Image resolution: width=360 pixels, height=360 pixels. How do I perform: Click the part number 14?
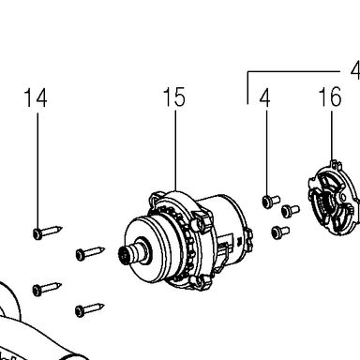pyautogui.click(x=36, y=97)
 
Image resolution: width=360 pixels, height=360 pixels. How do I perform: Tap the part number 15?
pyautogui.click(x=174, y=97)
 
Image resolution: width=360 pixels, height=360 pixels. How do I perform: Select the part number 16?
pyautogui.click(x=330, y=97)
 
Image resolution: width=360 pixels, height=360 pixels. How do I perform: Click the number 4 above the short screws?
pyautogui.click(x=264, y=97)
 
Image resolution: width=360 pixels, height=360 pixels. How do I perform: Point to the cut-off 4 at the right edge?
pyautogui.click(x=355, y=70)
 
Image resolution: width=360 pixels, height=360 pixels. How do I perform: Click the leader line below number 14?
pyautogui.click(x=38, y=171)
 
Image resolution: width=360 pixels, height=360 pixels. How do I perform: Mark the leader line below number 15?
pyautogui.click(x=175, y=150)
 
